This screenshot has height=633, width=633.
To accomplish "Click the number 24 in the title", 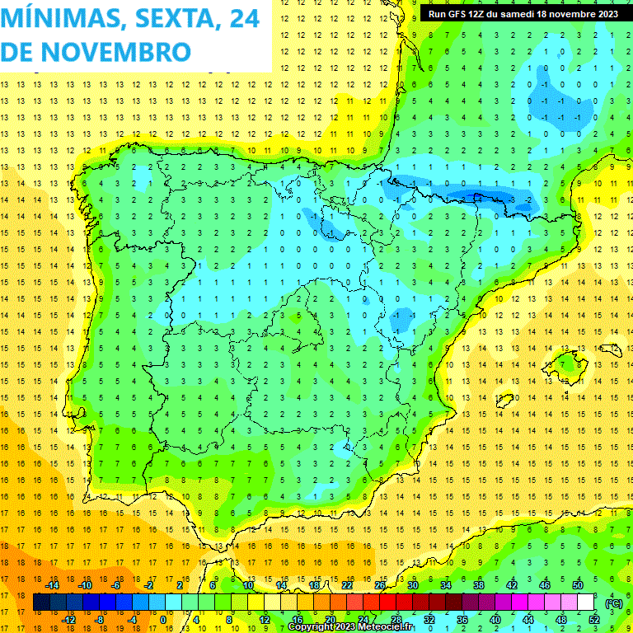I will (x=243, y=18).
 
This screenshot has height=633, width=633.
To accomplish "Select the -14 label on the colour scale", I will (x=53, y=585).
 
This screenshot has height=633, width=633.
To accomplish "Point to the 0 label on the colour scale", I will (x=162, y=620).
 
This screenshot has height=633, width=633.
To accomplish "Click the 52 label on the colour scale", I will (x=594, y=620).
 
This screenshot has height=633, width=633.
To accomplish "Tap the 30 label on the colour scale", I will (x=412, y=585).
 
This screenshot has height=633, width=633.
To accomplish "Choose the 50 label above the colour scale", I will (x=578, y=585).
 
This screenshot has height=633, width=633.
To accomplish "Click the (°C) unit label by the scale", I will (x=614, y=603).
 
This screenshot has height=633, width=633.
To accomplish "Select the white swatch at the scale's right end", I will (x=586, y=603).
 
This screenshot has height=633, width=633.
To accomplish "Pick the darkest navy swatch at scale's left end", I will (x=41, y=603).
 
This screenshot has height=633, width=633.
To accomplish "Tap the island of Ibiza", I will (x=506, y=401).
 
